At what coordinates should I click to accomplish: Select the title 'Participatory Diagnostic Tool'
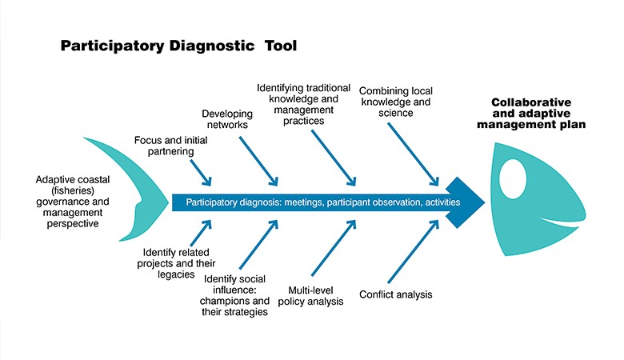[x=178, y=46]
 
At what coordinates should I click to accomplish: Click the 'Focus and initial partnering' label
[x=170, y=146]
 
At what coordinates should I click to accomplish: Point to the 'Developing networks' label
[x=227, y=119]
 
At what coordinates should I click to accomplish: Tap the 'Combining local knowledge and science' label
[x=395, y=102]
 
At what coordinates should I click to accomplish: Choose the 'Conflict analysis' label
[x=395, y=294]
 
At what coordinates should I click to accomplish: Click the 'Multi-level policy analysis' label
[x=311, y=295]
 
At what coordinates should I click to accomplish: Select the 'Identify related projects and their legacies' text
[x=176, y=263]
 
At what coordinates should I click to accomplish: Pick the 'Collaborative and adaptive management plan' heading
[x=531, y=114]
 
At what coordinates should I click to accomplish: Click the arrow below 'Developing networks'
[x=258, y=161]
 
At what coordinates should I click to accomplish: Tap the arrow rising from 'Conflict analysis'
[x=414, y=251]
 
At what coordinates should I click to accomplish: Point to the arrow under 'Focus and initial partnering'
[x=201, y=173]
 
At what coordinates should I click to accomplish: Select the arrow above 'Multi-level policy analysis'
[x=334, y=247]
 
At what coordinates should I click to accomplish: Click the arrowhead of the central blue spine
[x=465, y=202]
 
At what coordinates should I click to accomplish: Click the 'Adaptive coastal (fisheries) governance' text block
[x=73, y=202]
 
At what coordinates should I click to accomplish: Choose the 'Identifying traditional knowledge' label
[x=304, y=104]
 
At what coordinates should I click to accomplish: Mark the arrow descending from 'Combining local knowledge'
[x=413, y=154]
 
